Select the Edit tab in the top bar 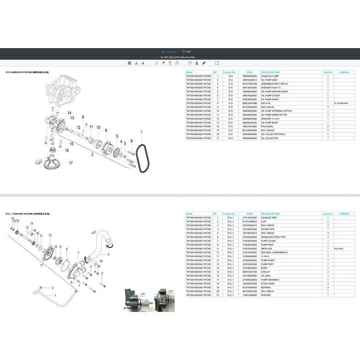coord(186,52)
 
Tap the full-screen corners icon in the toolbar coord(217,63)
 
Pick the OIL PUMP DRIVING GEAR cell coord(274,92)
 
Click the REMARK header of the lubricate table coord(344,72)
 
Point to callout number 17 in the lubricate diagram coord(71,163)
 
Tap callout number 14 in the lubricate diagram coord(69,113)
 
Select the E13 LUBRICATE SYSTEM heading coord(27,72)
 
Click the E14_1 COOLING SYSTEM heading coord(27,213)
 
